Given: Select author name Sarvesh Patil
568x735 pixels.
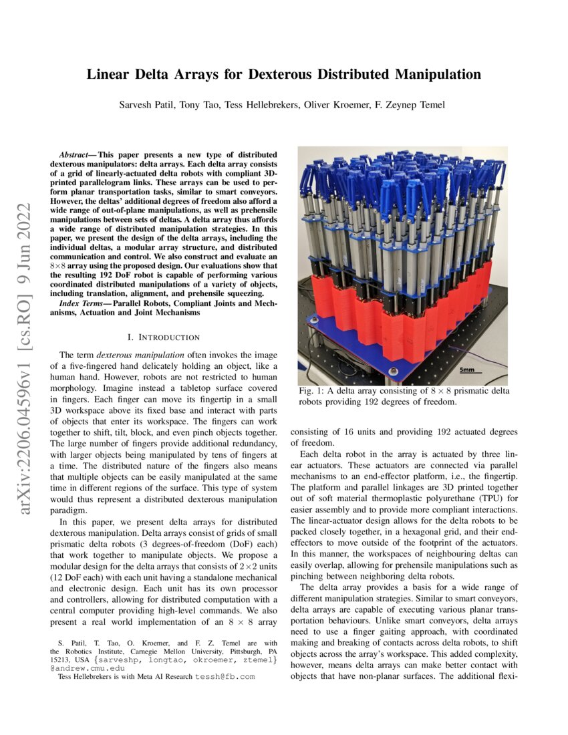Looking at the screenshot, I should pos(145,105).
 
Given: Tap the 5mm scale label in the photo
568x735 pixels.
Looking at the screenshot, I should pos(467,369).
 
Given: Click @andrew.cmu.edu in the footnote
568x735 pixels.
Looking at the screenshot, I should pos(83,668).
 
